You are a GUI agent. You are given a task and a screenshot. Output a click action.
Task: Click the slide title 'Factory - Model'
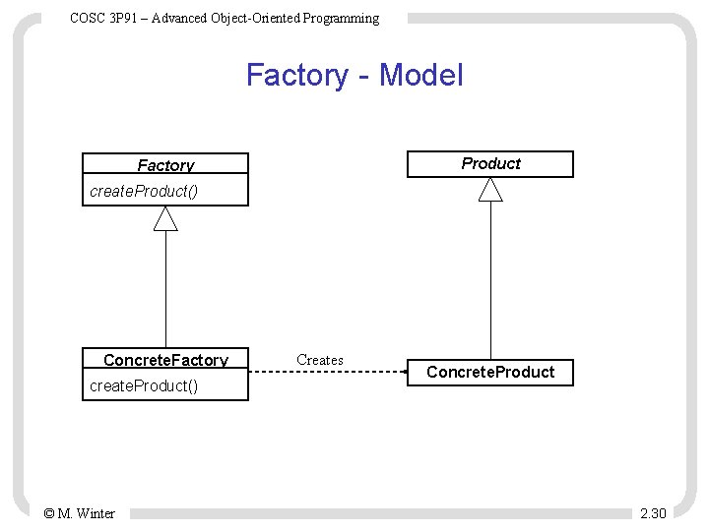click(x=354, y=75)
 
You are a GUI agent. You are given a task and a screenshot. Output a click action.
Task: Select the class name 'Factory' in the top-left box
click(x=165, y=165)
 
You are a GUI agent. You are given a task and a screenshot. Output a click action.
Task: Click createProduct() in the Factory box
click(x=144, y=191)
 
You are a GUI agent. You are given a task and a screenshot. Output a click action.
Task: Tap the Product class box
click(x=490, y=163)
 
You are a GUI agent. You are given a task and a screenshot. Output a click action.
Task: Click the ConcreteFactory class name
click(x=165, y=360)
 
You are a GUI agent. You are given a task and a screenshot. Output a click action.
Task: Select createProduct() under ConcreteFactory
click(x=144, y=385)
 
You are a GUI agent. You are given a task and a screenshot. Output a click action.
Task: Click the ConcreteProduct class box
click(x=490, y=372)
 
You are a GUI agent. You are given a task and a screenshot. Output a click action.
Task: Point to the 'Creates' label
click(x=320, y=360)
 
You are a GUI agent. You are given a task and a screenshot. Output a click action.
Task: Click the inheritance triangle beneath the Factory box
click(x=165, y=218)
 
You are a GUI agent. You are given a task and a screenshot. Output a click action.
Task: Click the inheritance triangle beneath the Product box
click(x=490, y=190)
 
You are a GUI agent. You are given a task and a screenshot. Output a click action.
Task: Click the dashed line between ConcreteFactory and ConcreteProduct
click(x=325, y=372)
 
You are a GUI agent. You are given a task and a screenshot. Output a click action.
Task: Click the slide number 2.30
click(x=653, y=513)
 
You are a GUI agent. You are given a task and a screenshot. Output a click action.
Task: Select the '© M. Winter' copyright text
click(x=79, y=513)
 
